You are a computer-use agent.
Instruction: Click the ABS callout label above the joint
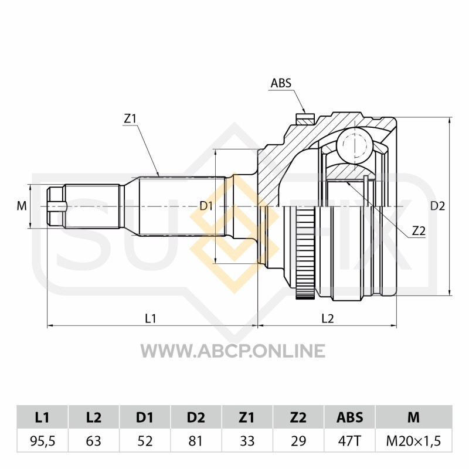pyautogui.click(x=281, y=83)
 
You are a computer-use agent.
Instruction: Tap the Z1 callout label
pyautogui.click(x=130, y=119)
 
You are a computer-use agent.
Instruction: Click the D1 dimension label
pyautogui.click(x=206, y=206)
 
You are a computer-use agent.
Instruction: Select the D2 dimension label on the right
pyautogui.click(x=437, y=206)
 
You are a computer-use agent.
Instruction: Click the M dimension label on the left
pyautogui.click(x=22, y=206)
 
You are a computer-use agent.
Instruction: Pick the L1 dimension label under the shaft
pyautogui.click(x=151, y=318)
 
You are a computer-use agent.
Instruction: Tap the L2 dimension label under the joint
pyautogui.click(x=328, y=318)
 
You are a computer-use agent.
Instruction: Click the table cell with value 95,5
pyautogui.click(x=42, y=441)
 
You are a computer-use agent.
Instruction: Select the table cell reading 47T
pyautogui.click(x=349, y=441)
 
